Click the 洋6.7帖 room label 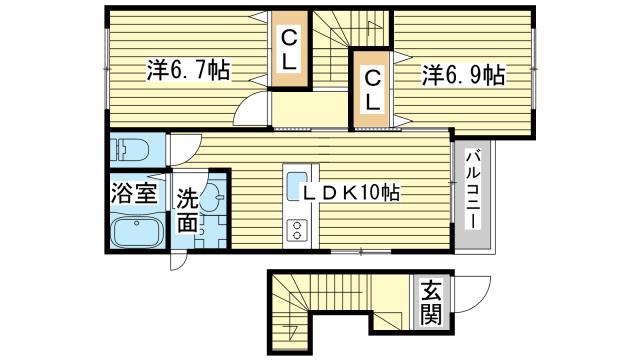pyautogui.click(x=189, y=72)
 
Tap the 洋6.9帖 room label pyautogui.click(x=462, y=75)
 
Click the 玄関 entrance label pyautogui.click(x=430, y=304)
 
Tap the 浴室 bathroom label pyautogui.click(x=132, y=193)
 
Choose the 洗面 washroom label pyautogui.click(x=188, y=211)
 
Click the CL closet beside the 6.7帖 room pyautogui.click(x=289, y=50)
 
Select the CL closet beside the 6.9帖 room pyautogui.click(x=371, y=89)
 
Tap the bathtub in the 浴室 pyautogui.click(x=136, y=232)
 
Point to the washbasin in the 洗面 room pyautogui.click(x=211, y=199)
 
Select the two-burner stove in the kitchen pyautogui.click(x=297, y=230)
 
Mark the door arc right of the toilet pyautogui.click(x=180, y=150)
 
